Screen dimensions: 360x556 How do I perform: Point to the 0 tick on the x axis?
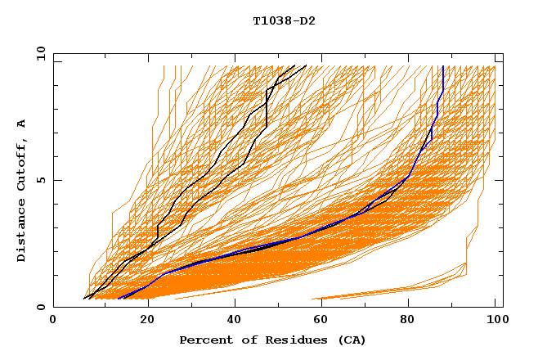(53, 322)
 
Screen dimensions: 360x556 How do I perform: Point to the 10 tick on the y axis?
(40, 53)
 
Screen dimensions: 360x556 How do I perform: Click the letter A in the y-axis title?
(22, 123)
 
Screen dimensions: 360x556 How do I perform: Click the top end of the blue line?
(442, 66)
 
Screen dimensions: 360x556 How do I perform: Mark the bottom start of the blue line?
(119, 298)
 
